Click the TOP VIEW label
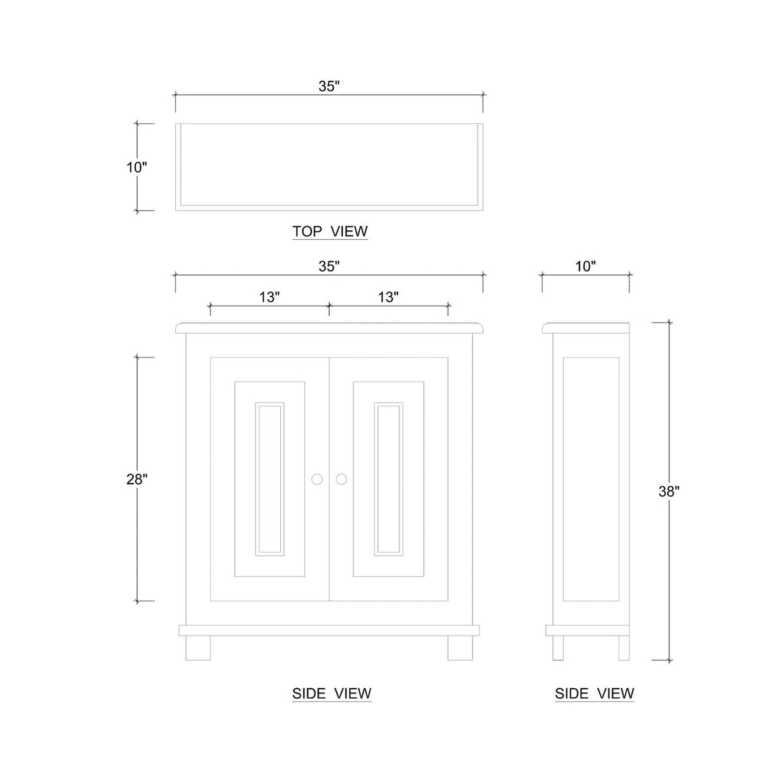(330, 231)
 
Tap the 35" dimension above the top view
(328, 87)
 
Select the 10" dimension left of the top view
(136, 167)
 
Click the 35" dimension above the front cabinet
(328, 267)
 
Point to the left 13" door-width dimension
(269, 297)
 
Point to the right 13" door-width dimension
(388, 297)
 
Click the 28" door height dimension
(136, 479)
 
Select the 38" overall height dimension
(669, 491)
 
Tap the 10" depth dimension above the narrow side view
(586, 267)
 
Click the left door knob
(317, 479)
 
